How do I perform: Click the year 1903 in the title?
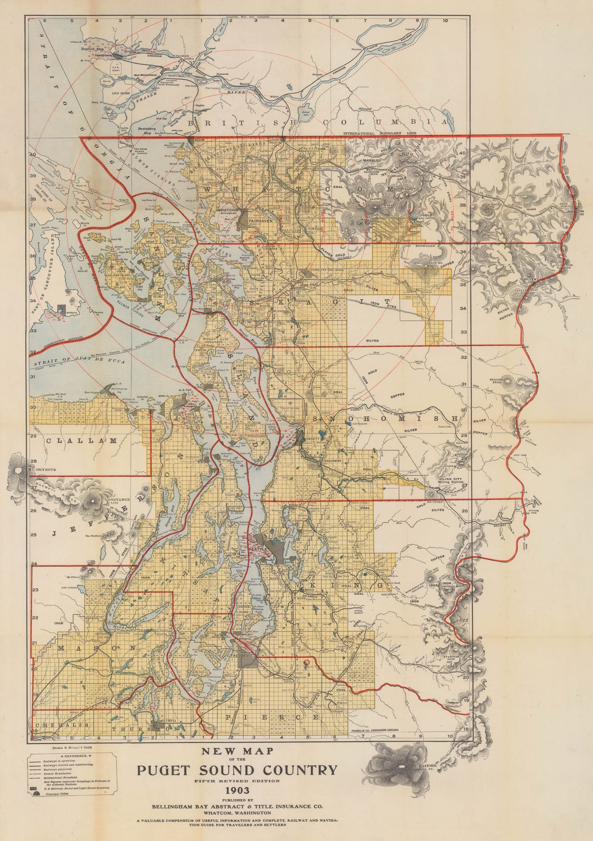(237, 790)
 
